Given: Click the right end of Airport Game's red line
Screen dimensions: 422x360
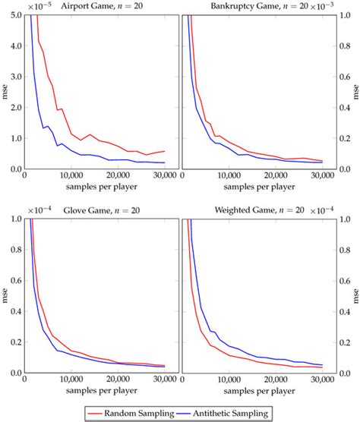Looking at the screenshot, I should (x=164, y=151).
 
